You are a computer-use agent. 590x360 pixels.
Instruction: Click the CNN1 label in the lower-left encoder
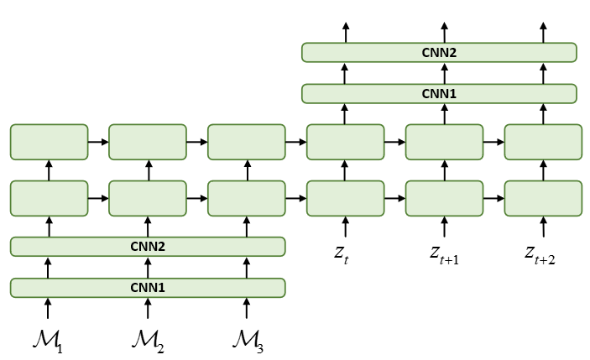pos(148,288)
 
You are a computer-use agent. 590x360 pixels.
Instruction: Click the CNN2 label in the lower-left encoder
pos(148,246)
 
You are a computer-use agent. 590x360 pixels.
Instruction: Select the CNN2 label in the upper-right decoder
pos(439,52)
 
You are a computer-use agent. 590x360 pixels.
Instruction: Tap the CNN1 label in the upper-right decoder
pos(439,93)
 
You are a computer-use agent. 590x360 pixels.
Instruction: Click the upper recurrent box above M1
pos(49,142)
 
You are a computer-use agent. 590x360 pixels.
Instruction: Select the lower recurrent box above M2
pos(148,198)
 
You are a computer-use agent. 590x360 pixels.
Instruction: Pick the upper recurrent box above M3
pos(246,142)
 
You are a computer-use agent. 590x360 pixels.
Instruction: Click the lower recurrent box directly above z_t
pos(345,198)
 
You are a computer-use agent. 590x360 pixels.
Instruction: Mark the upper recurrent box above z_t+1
pos(444,142)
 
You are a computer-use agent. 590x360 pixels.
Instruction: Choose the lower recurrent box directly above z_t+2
pos(542,198)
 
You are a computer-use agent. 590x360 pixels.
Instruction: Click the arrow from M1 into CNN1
pos(49,308)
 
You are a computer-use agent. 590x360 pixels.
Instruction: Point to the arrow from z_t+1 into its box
pos(444,227)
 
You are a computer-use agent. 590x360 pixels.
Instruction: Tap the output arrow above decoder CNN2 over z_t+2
pos(542,32)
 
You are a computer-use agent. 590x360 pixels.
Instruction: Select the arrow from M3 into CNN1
pos(246,308)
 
